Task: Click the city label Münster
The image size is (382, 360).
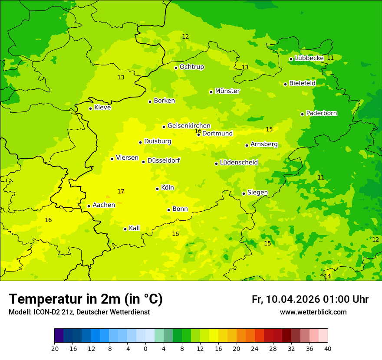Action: coord(227,91)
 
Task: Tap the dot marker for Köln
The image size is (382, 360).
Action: coord(157,189)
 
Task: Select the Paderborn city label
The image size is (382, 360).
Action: coord(321,113)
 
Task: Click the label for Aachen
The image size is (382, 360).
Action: coord(104,205)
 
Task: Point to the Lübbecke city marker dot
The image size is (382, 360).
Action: coord(291,59)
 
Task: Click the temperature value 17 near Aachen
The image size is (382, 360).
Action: coord(121,191)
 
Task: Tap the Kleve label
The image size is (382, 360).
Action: coord(102,108)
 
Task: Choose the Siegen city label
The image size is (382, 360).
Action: coord(257,193)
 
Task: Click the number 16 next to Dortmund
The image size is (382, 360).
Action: coord(198,131)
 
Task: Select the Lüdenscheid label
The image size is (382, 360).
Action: coord(239,163)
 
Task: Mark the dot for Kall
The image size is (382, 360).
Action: coord(125,229)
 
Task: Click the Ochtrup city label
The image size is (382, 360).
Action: coord(191,67)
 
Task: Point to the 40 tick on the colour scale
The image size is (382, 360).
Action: coord(328,348)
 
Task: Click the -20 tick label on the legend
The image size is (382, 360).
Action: coord(54,348)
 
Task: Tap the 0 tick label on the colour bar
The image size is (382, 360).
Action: coord(145,348)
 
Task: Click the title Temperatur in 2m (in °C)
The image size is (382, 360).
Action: coord(86,299)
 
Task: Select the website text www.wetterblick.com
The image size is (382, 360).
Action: coord(313,312)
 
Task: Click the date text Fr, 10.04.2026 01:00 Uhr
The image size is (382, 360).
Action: coord(310,299)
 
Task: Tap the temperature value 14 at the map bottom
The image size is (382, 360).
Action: coord(327,276)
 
